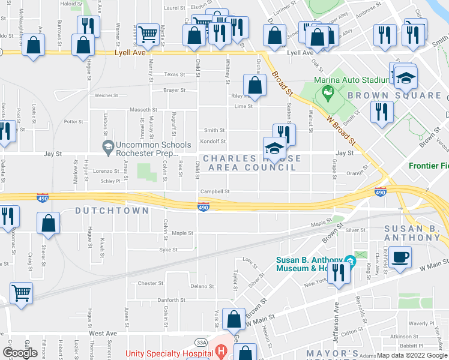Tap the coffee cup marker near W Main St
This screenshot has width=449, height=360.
click(x=400, y=257)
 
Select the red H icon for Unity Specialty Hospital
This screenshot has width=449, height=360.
click(x=221, y=350)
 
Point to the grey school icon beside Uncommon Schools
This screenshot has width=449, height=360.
click(x=108, y=146)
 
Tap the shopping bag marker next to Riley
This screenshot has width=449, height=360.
click(x=255, y=86)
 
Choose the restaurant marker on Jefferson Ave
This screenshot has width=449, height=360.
click(x=339, y=274)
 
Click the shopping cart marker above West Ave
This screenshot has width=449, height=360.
click(x=21, y=293)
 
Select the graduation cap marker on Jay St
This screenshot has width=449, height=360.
click(x=274, y=148)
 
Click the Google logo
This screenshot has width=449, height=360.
click(x=20, y=352)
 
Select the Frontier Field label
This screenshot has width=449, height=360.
click(x=429, y=166)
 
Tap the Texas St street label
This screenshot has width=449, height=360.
click(x=175, y=75)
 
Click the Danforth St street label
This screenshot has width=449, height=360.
click(x=171, y=300)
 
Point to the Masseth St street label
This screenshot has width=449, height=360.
click(x=143, y=110)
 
